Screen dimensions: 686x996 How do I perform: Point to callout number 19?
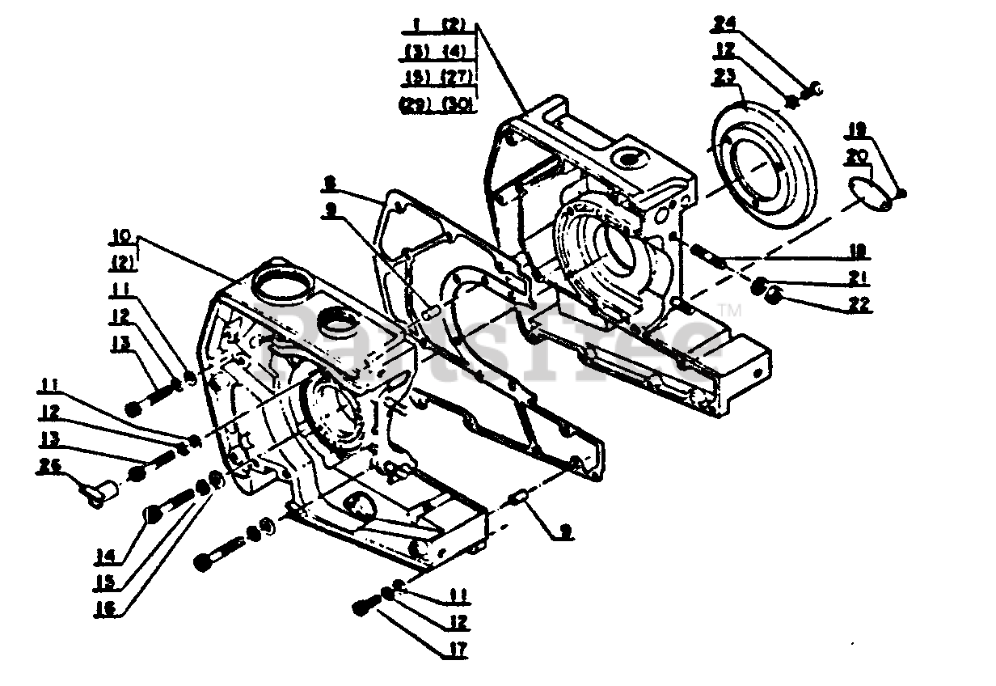[857, 128]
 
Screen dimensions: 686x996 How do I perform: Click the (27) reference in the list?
[458, 78]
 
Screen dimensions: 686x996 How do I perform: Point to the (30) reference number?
[458, 105]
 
